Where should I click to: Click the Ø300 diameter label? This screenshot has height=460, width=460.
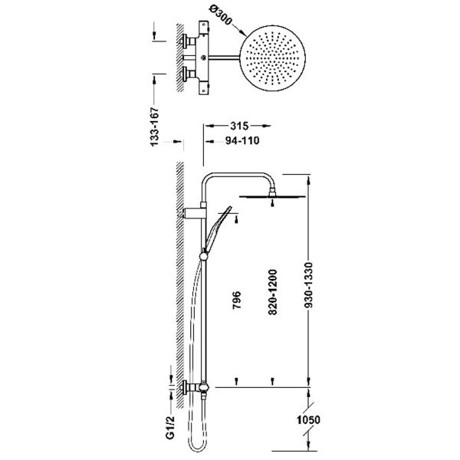pos(221,16)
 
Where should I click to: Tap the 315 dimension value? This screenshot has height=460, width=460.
pos(239,126)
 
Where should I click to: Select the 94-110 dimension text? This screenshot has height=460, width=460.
pos(242,141)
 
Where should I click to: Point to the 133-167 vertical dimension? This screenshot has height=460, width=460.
pos(154,127)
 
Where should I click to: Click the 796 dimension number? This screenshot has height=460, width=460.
pos(236,300)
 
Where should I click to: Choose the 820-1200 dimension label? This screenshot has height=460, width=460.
pos(272,292)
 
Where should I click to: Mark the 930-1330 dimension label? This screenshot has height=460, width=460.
pos(309,285)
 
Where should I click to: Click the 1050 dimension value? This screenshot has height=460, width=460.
pos(308,420)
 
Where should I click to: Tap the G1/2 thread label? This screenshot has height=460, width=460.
pos(170,428)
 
